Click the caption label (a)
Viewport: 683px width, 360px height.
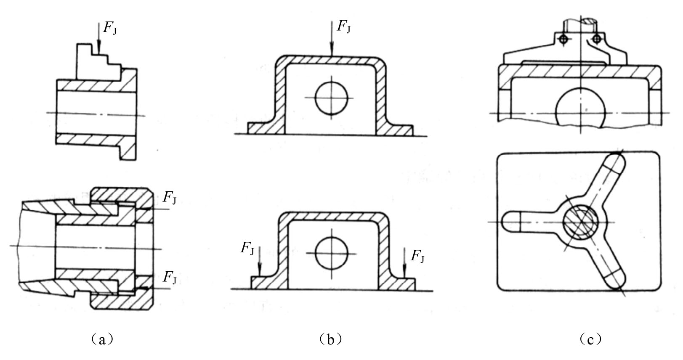[102, 339]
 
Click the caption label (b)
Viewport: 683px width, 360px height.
[330, 339]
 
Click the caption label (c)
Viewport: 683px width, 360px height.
[590, 339]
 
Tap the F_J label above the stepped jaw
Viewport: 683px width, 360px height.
[110, 28]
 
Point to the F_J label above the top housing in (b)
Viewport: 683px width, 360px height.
[344, 26]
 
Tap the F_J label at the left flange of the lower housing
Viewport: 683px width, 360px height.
[247, 248]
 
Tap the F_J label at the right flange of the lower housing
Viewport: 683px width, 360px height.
[417, 256]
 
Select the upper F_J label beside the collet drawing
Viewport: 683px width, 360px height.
[170, 197]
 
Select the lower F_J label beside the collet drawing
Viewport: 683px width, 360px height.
[170, 277]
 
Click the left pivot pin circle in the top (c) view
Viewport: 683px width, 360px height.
[564, 39]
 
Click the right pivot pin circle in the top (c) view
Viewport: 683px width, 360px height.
[597, 39]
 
